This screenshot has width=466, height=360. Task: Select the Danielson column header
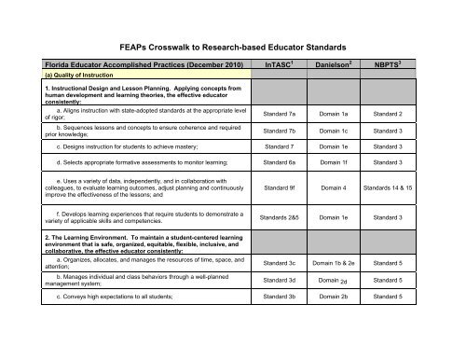[347, 65]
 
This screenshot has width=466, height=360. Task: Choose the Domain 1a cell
[347, 113]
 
